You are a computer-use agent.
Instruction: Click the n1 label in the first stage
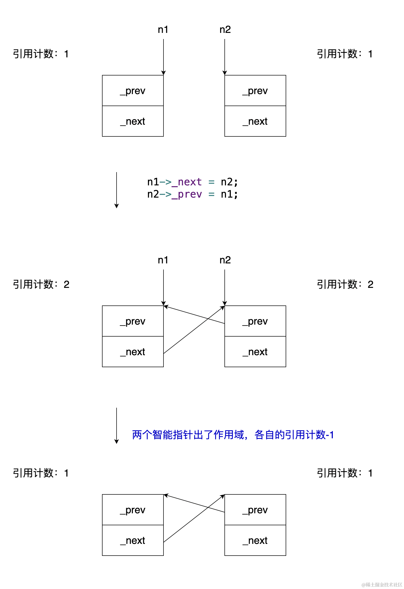pyautogui.click(x=163, y=30)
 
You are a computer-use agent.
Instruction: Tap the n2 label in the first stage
pyautogui.click(x=225, y=30)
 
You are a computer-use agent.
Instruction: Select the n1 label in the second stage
pyautogui.click(x=163, y=260)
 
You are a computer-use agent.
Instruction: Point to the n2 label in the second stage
pyautogui.click(x=225, y=260)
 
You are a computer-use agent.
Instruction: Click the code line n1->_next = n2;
pyautogui.click(x=193, y=182)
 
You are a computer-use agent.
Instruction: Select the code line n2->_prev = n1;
pyautogui.click(x=193, y=194)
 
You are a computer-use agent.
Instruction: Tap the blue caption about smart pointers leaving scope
pyautogui.click(x=233, y=435)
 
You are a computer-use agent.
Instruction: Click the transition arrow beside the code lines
pyautogui.click(x=117, y=190)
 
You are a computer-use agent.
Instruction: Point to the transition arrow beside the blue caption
pyautogui.click(x=117, y=426)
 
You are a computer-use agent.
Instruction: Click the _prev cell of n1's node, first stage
pyautogui.click(x=133, y=91)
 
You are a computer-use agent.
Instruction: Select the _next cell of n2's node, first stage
pyautogui.click(x=255, y=121)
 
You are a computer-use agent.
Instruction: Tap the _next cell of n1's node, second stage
pyautogui.click(x=133, y=352)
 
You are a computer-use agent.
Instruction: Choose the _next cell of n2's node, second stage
pyautogui.click(x=255, y=352)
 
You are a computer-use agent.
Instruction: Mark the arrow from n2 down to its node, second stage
pyautogui.click(x=225, y=287)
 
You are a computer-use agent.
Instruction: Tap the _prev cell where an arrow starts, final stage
pyautogui.click(x=255, y=510)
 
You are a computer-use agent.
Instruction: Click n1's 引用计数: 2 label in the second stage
pyautogui.click(x=41, y=284)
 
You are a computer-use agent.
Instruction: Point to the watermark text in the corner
pyautogui.click(x=382, y=584)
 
